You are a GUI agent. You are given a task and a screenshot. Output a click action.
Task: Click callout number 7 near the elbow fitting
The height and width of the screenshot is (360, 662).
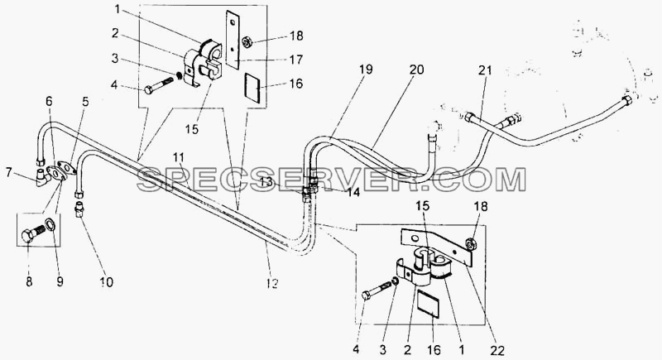click(x=9, y=172)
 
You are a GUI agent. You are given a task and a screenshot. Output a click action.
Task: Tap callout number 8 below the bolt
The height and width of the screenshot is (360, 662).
click(x=29, y=281)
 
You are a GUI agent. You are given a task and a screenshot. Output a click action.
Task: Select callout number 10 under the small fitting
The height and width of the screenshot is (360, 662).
click(x=107, y=281)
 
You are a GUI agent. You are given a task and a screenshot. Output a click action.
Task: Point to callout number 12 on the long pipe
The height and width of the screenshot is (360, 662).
click(x=273, y=284)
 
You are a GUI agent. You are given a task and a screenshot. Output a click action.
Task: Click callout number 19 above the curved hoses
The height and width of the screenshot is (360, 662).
click(x=366, y=70)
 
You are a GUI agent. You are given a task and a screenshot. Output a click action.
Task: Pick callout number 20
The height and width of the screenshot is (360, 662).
click(x=416, y=70)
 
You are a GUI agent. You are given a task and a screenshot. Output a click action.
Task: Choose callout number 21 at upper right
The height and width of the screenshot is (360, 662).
click(x=485, y=70)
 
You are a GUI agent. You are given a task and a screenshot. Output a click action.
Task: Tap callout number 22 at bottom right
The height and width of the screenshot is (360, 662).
click(x=497, y=350)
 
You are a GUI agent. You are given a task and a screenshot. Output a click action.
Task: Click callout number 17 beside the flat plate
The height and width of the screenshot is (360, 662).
click(x=296, y=60)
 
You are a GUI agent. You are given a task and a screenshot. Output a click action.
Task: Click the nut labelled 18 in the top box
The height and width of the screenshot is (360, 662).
click(x=246, y=42)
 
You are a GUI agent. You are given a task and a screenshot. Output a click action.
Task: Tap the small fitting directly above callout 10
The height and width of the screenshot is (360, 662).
click(x=79, y=209)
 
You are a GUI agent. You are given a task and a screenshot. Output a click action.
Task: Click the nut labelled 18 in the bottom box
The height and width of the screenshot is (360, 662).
click(x=468, y=244)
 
